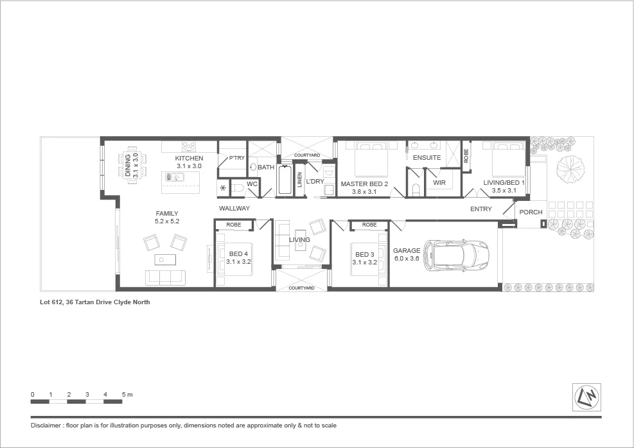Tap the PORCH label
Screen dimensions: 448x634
pos(531,212)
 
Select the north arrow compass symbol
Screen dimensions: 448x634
pos(587,398)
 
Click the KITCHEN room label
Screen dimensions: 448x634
pos(189,158)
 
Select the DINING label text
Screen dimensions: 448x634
pos(128,166)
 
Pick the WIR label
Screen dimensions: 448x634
pos(439,183)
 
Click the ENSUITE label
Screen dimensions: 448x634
pos(427,157)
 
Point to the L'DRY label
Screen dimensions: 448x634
pos(315,182)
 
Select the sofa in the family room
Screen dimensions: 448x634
pos(166,277)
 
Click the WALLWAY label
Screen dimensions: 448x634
pos(234,209)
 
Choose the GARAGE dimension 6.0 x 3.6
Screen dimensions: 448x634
pos(407,259)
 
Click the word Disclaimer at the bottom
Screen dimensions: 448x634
pos(47,426)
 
